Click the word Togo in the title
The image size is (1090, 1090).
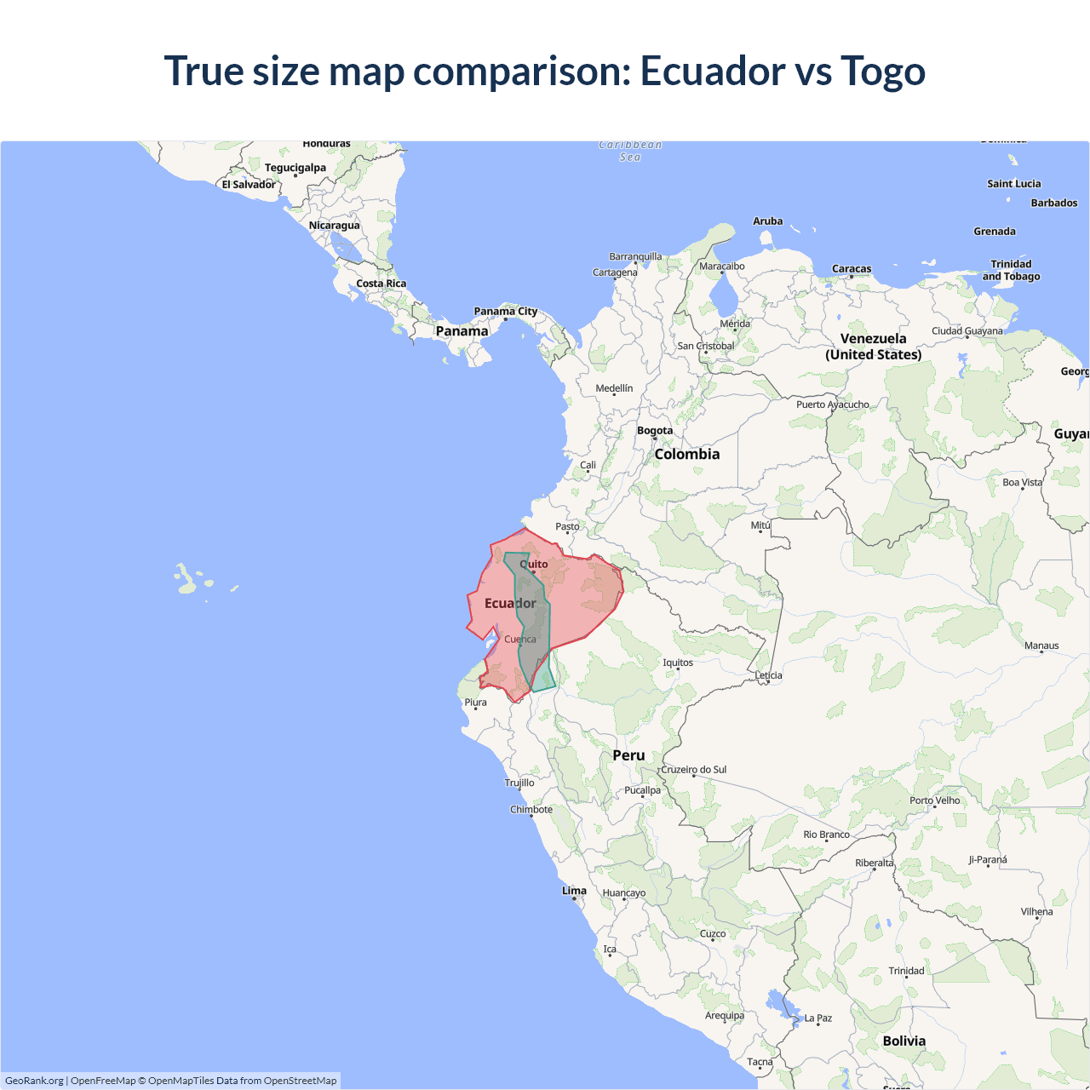click(x=883, y=71)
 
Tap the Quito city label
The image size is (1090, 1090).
click(x=534, y=564)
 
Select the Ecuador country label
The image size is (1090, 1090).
click(x=510, y=603)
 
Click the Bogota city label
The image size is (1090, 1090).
click(x=655, y=430)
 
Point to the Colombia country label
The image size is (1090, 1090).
click(x=686, y=454)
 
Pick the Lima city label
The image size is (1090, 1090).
click(x=574, y=891)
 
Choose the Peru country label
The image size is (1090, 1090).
click(x=628, y=755)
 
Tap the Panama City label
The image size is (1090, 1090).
click(x=506, y=311)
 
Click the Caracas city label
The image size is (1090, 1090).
click(x=852, y=268)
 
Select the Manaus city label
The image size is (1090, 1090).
click(x=1041, y=645)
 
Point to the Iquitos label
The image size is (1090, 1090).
click(x=678, y=663)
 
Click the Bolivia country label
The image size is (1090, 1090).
click(x=904, y=1041)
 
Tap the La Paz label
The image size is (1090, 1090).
click(x=817, y=1018)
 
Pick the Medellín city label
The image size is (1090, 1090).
click(x=614, y=388)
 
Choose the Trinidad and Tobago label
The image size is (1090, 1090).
click(x=1011, y=270)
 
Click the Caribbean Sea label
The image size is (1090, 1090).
click(x=630, y=151)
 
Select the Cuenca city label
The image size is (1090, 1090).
click(x=520, y=639)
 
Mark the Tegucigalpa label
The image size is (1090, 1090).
click(x=295, y=168)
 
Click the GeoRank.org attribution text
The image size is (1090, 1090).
click(x=34, y=1081)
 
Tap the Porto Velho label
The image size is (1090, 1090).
click(x=934, y=800)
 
